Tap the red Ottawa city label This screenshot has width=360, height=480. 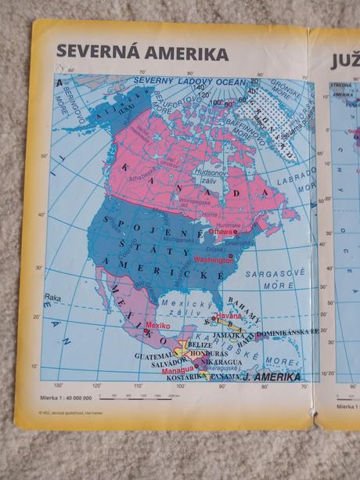point(221,232)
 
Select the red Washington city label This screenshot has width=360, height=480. point(213,258)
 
